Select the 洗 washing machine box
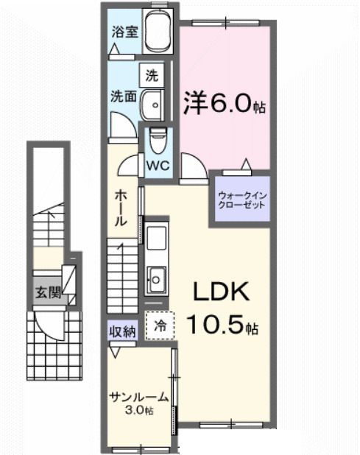tap(151, 74)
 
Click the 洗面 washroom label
tap(121, 96)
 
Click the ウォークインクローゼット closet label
tap(241, 200)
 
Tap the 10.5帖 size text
tap(221, 323)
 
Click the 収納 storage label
tap(123, 331)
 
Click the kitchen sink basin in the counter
tap(157, 278)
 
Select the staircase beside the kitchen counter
tap(123, 277)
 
